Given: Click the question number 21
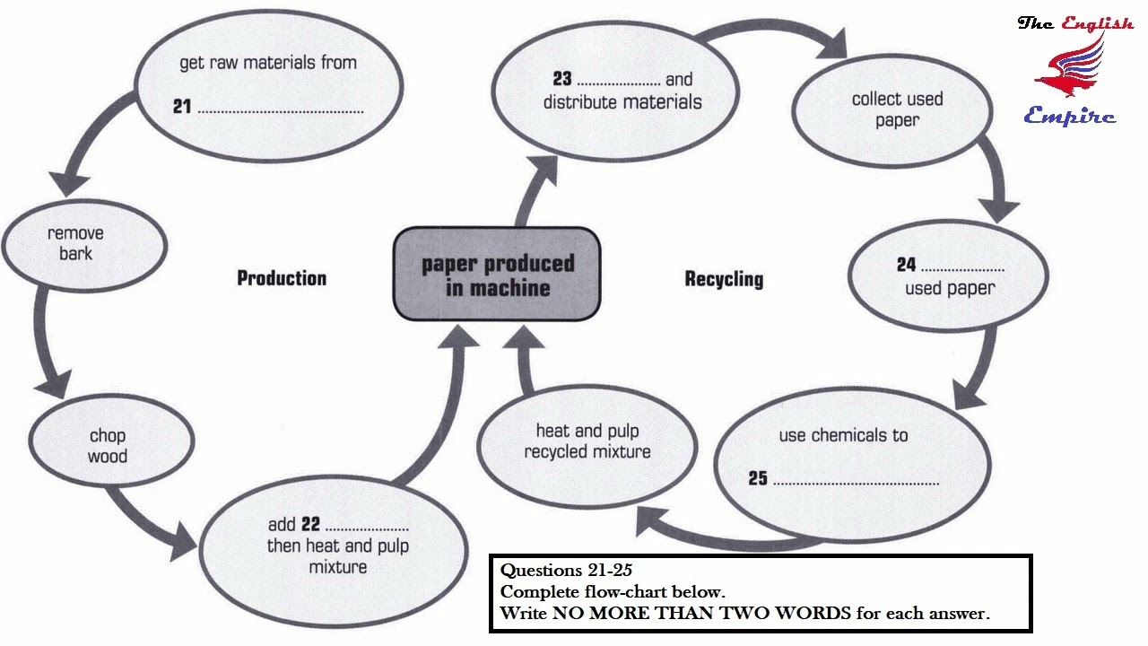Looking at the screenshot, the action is [x=182, y=106].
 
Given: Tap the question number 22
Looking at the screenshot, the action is [x=310, y=523].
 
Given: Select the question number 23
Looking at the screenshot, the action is [x=562, y=78].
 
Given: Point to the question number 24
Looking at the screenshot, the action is [x=906, y=264].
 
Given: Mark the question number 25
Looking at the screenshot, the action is [x=758, y=478].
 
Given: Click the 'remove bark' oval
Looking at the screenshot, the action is [x=84, y=246].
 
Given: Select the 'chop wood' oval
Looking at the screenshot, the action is [x=111, y=441].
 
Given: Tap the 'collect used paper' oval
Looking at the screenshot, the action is [x=892, y=110].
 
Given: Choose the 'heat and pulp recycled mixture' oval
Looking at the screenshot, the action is [x=587, y=447].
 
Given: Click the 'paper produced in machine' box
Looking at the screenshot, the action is [x=497, y=274].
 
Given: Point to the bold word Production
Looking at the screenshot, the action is [x=282, y=278].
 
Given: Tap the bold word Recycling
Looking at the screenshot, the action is [x=724, y=279].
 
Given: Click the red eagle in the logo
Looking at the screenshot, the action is [x=1071, y=66].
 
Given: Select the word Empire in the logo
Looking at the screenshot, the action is [x=1070, y=116].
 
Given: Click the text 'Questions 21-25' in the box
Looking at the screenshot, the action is [x=566, y=570].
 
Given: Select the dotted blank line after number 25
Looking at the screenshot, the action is [x=856, y=484].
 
